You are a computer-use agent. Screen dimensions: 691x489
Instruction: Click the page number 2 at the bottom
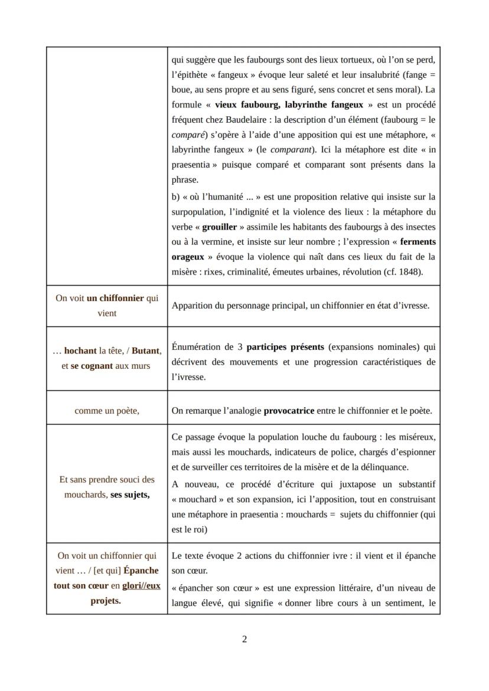pos(244,639)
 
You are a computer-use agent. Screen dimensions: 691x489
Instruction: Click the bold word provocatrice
pos(289,411)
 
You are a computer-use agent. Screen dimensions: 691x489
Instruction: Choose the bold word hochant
pos(80,351)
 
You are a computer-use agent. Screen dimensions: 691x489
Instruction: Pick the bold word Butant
pos(146,351)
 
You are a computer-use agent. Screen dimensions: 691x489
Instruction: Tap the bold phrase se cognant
pos(92,366)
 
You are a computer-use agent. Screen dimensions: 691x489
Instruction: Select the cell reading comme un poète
pos(107,411)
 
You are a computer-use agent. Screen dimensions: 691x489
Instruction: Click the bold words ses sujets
pos(130,494)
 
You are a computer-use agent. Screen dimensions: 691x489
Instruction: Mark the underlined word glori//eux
pos(141,586)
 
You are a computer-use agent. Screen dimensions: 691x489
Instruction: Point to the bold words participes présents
pos(281,346)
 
